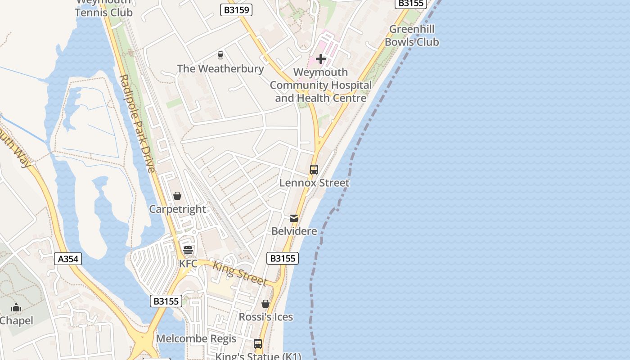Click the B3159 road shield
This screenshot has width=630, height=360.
(236, 9)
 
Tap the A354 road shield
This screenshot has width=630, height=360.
(68, 259)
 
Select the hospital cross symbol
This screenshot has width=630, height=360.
(321, 59)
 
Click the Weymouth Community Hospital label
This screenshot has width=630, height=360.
(321, 85)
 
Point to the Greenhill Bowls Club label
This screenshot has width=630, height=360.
(412, 36)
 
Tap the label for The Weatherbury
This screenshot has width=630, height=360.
(220, 69)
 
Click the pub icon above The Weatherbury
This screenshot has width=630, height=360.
(220, 55)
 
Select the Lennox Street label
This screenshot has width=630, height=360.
(314, 183)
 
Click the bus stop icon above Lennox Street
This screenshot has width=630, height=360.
(314, 170)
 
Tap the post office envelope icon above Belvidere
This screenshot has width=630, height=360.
(294, 218)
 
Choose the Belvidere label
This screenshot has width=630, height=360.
(294, 231)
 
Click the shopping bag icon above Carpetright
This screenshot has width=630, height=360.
(177, 196)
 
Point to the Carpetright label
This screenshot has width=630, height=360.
(177, 209)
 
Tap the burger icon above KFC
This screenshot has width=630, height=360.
(188, 250)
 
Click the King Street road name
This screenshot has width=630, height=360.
(239, 273)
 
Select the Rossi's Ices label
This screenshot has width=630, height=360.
(265, 317)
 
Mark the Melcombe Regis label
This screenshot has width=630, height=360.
(196, 338)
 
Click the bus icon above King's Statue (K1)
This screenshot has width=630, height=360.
(258, 344)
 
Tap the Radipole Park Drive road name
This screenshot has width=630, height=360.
(137, 123)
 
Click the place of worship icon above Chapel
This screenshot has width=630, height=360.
(16, 308)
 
